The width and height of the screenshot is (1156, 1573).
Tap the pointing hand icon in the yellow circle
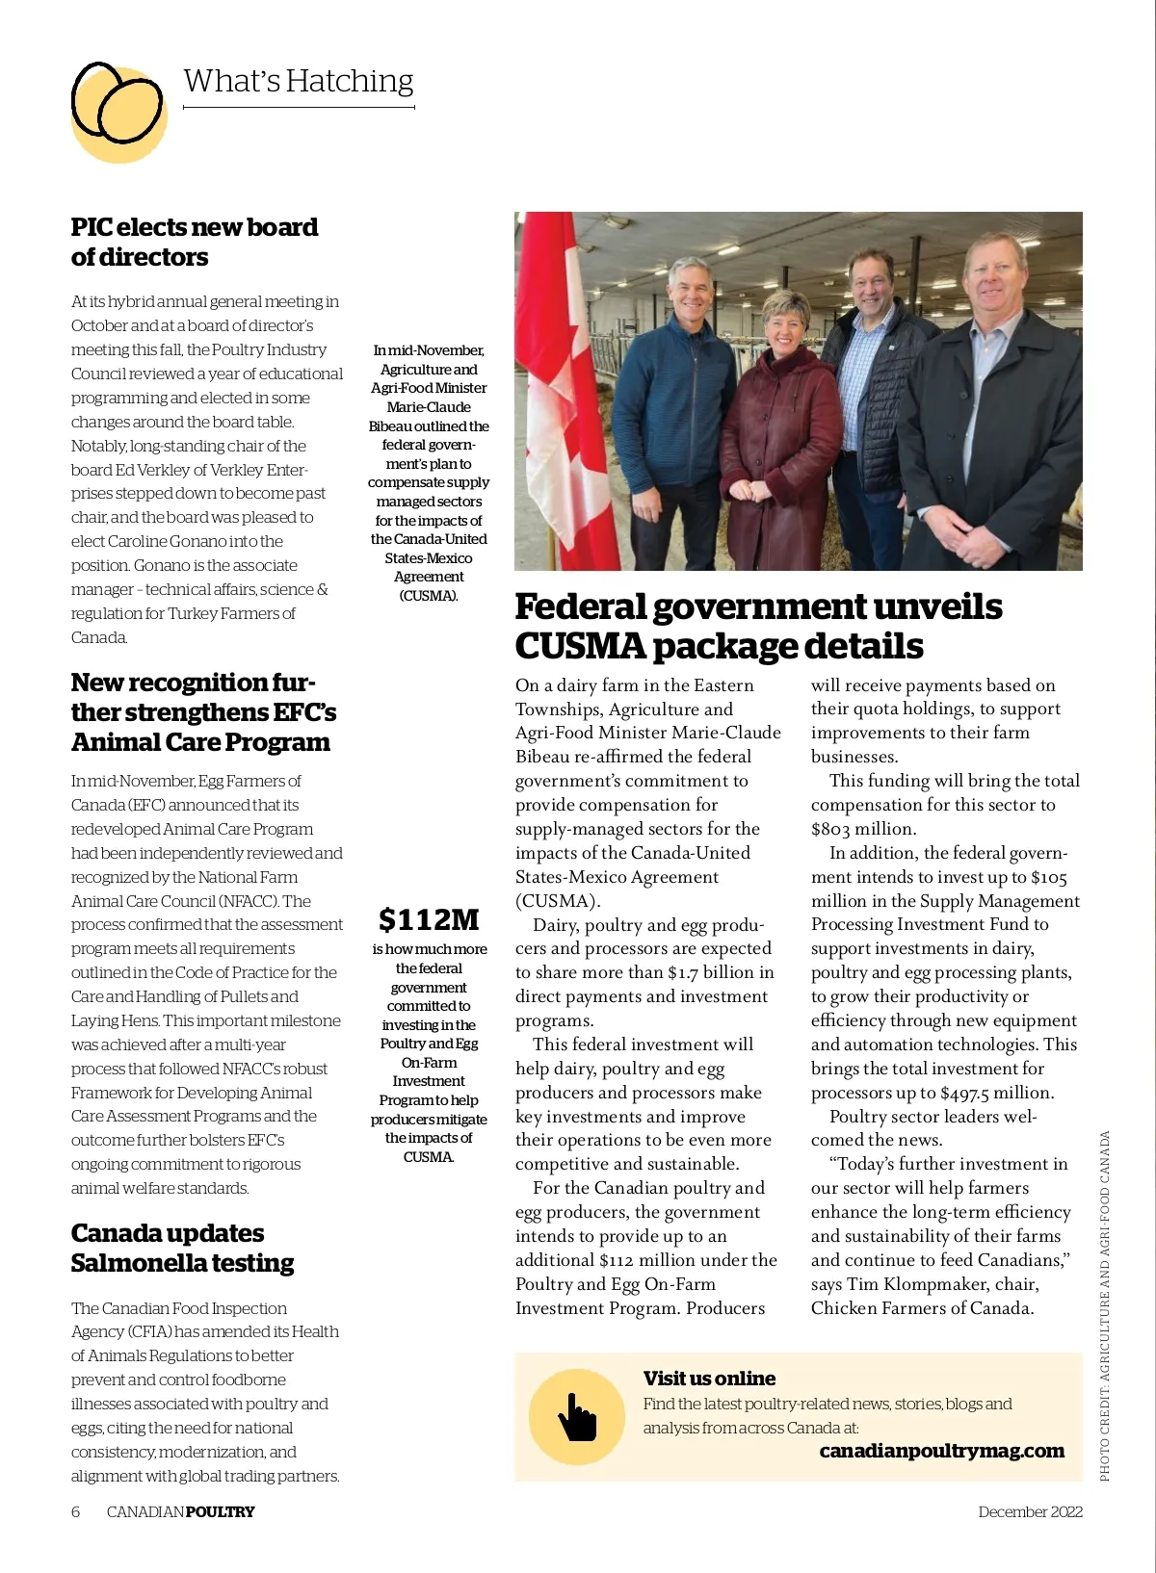click(577, 1417)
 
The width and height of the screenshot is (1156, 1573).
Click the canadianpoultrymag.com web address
click(941, 1451)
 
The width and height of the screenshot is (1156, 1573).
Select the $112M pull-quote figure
click(429, 919)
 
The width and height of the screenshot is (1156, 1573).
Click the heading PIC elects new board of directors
click(194, 242)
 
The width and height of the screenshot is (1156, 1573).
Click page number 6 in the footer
click(76, 1511)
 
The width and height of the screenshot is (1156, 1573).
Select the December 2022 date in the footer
click(1030, 1511)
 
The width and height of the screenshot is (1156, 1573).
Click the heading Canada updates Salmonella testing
click(182, 1248)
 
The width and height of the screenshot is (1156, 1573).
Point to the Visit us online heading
click(709, 1378)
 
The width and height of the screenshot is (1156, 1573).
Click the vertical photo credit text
click(1104, 1304)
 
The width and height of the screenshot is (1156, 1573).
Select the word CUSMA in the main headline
click(579, 646)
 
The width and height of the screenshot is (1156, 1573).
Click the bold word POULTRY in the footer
click(220, 1511)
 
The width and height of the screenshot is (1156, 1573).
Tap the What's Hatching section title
click(298, 81)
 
